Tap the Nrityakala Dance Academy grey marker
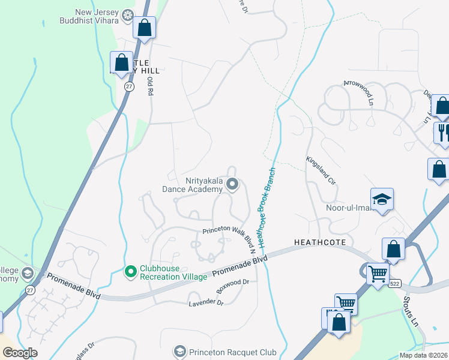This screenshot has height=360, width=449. tap(234, 185)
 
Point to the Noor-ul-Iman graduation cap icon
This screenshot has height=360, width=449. tap(381, 199)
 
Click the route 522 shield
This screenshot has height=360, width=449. tap(394, 283)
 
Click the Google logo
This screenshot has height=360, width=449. tap(19, 353)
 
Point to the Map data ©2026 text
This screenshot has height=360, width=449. tap(423, 355)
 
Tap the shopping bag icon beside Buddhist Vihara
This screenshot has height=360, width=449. tap(145, 27)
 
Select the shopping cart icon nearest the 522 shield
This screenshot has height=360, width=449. tap(378, 274)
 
